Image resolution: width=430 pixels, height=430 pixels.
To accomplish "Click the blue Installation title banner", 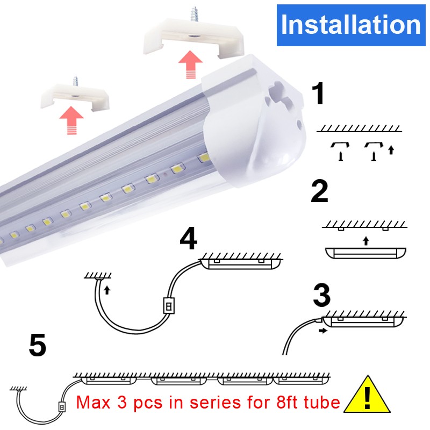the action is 351,25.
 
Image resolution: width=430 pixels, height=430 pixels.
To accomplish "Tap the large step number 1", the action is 318,94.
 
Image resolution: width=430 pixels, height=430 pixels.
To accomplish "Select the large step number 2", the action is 319,191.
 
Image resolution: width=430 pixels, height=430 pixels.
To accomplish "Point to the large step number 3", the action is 321,295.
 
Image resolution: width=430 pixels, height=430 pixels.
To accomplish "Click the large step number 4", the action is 189,238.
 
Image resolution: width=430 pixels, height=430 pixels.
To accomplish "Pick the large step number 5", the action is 38,345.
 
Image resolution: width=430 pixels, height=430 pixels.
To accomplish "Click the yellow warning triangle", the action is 367,395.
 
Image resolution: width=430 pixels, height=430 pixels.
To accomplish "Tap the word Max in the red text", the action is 93,402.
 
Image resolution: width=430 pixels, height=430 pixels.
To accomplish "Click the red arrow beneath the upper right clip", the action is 190,64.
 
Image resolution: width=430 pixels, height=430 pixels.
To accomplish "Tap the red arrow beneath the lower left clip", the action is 71,120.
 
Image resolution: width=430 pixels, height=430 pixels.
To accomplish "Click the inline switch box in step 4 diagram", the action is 169,305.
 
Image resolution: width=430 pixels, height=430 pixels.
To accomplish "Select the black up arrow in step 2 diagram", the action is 365,241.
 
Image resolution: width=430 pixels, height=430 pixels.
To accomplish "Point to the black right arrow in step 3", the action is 323,331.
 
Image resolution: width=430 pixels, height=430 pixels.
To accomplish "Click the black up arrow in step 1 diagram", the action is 391,150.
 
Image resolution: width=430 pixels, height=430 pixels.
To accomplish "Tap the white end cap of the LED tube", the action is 254,120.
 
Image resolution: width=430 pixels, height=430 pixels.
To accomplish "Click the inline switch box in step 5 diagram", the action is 62,407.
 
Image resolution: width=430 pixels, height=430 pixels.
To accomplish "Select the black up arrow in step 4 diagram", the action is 107,290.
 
